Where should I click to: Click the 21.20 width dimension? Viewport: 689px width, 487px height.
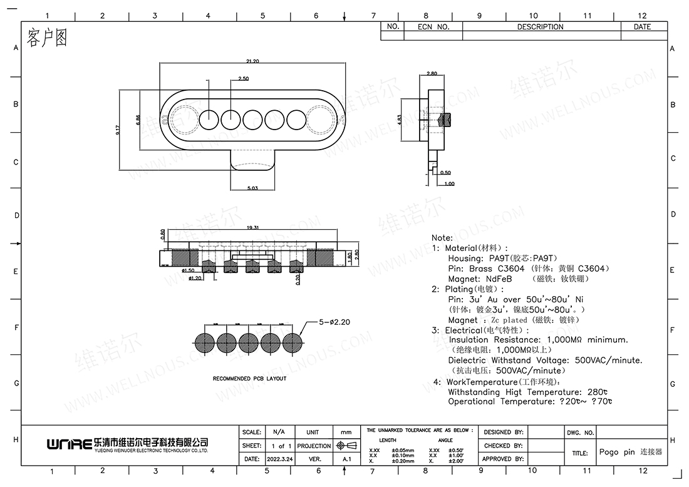pos(252,61)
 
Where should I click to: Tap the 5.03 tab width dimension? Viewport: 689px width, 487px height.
pos(252,187)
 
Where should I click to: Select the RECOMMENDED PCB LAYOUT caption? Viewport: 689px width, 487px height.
pos(249,379)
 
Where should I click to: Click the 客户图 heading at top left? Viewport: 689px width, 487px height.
pos(47,38)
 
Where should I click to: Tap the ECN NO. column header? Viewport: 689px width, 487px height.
pos(433,27)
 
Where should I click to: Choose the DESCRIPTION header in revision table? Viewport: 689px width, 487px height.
pos(540,27)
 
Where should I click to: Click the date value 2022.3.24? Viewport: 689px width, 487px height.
pos(278,459)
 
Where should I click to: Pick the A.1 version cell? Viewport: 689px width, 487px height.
pos(346,459)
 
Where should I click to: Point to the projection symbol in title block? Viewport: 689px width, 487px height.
pos(346,446)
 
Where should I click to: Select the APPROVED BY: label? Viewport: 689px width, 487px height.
pos(502,459)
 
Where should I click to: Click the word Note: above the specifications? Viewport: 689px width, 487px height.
pos(442,238)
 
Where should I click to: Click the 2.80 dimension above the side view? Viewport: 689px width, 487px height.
pos(431,74)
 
